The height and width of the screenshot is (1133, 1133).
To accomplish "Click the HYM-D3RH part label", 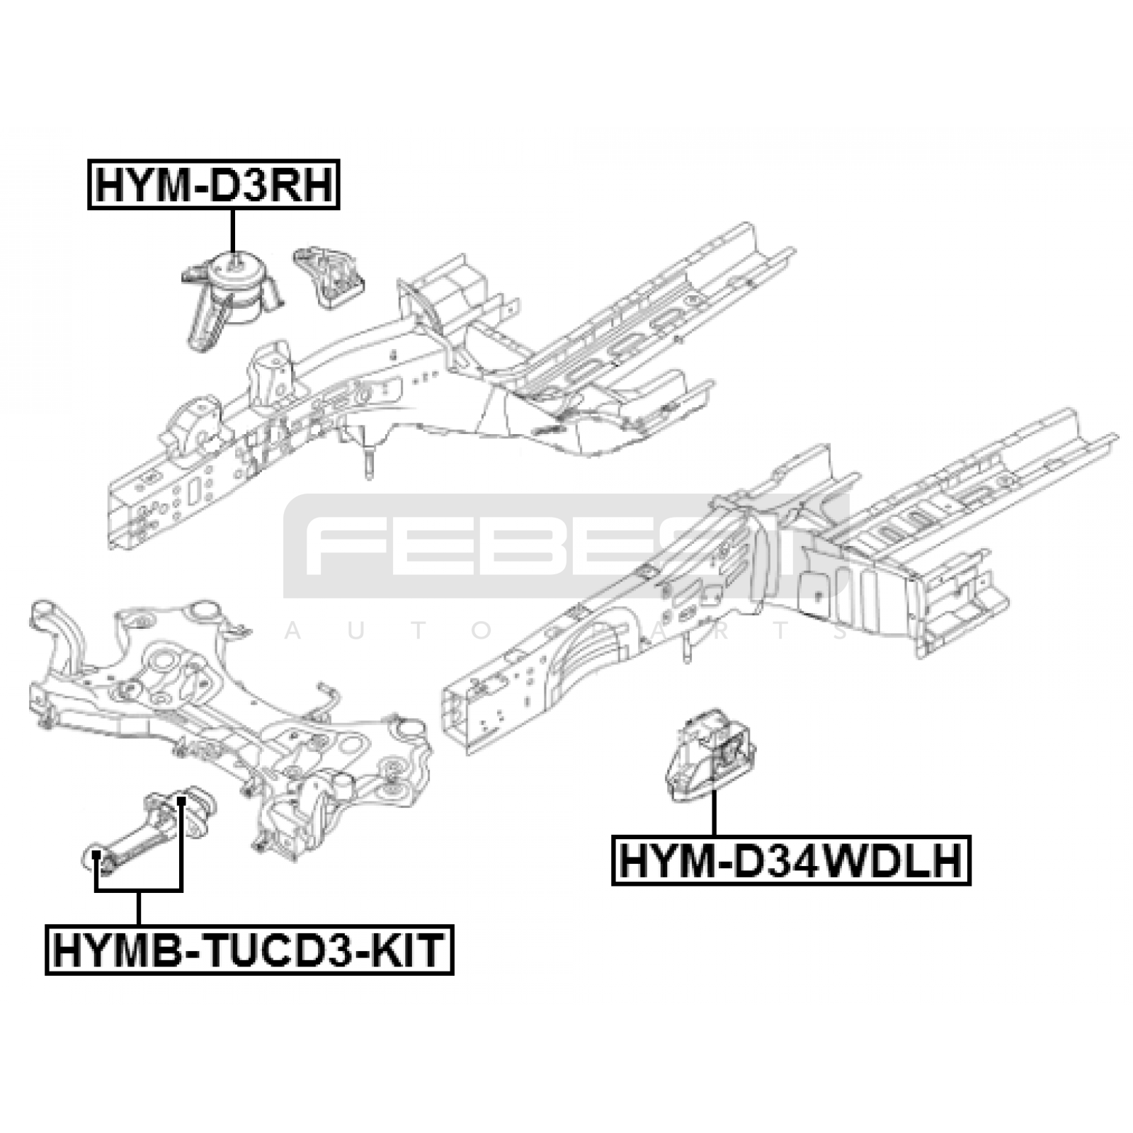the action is [x=214, y=184].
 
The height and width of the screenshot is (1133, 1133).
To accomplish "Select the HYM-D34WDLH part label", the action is [x=791, y=861].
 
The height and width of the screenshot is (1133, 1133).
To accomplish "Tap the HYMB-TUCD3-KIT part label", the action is [x=249, y=950].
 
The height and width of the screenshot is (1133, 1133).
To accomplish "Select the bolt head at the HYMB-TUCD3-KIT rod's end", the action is [x=96, y=859].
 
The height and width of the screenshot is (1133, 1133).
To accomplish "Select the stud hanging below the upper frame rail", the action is [x=370, y=459].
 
